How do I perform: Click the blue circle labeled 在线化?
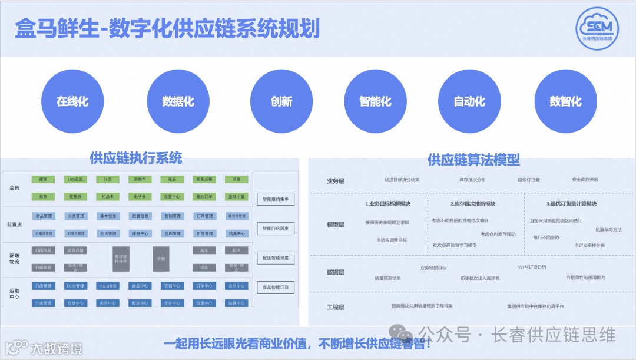pyautogui.click(x=72, y=101)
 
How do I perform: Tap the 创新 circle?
pyautogui.click(x=281, y=101)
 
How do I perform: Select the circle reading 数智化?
pyautogui.click(x=565, y=101)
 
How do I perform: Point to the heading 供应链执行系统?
pyautogui.click(x=136, y=158)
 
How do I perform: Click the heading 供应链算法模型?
pyautogui.click(x=473, y=160)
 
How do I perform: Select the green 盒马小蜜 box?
pyautogui.click(x=236, y=196)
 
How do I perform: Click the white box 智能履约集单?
pyautogui.click(x=275, y=199)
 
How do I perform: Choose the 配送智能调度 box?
pyautogui.click(x=275, y=258)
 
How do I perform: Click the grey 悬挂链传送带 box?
pyautogui.click(x=121, y=259)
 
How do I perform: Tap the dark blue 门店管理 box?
pyautogui.click(x=43, y=286)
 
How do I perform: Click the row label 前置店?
pyautogui.click(x=15, y=224)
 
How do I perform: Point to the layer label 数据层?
pyautogui.click(x=336, y=272)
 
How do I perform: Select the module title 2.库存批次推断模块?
pyautogui.click(x=473, y=204)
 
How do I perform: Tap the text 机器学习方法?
pyautogui.click(x=608, y=230)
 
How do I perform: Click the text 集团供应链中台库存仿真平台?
pyautogui.click(x=535, y=306)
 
